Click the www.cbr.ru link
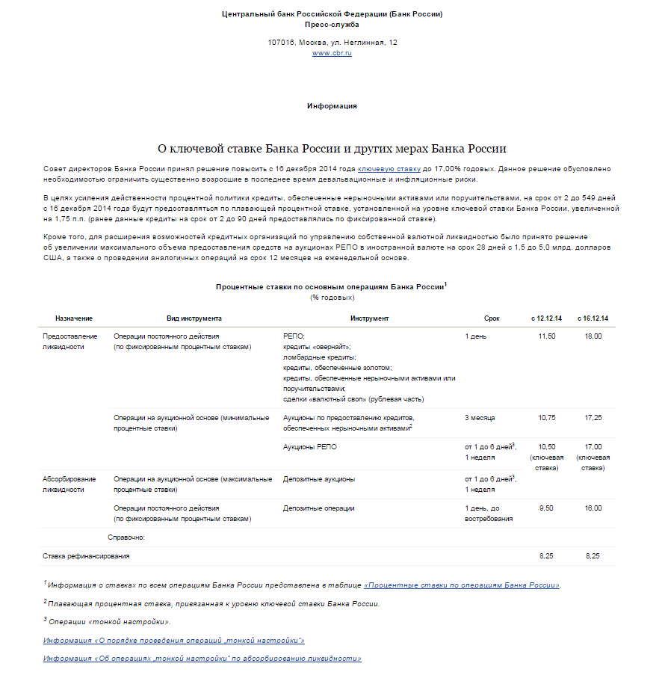(332, 53)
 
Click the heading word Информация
(332, 106)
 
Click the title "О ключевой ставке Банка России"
(332, 149)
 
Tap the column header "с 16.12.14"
(593, 318)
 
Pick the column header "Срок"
(492, 318)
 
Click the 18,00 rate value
(593, 336)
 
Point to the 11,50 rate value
(547, 336)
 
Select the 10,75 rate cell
(547, 417)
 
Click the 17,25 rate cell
(593, 417)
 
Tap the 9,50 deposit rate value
(547, 508)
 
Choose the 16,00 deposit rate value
(593, 508)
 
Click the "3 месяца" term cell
(480, 417)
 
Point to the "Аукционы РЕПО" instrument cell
(309, 446)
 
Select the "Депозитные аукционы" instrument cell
(319, 478)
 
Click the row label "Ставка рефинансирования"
(87, 556)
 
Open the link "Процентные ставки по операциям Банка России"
(462, 585)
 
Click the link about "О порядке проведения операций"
(174, 641)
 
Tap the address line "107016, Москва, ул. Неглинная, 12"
(332, 42)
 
